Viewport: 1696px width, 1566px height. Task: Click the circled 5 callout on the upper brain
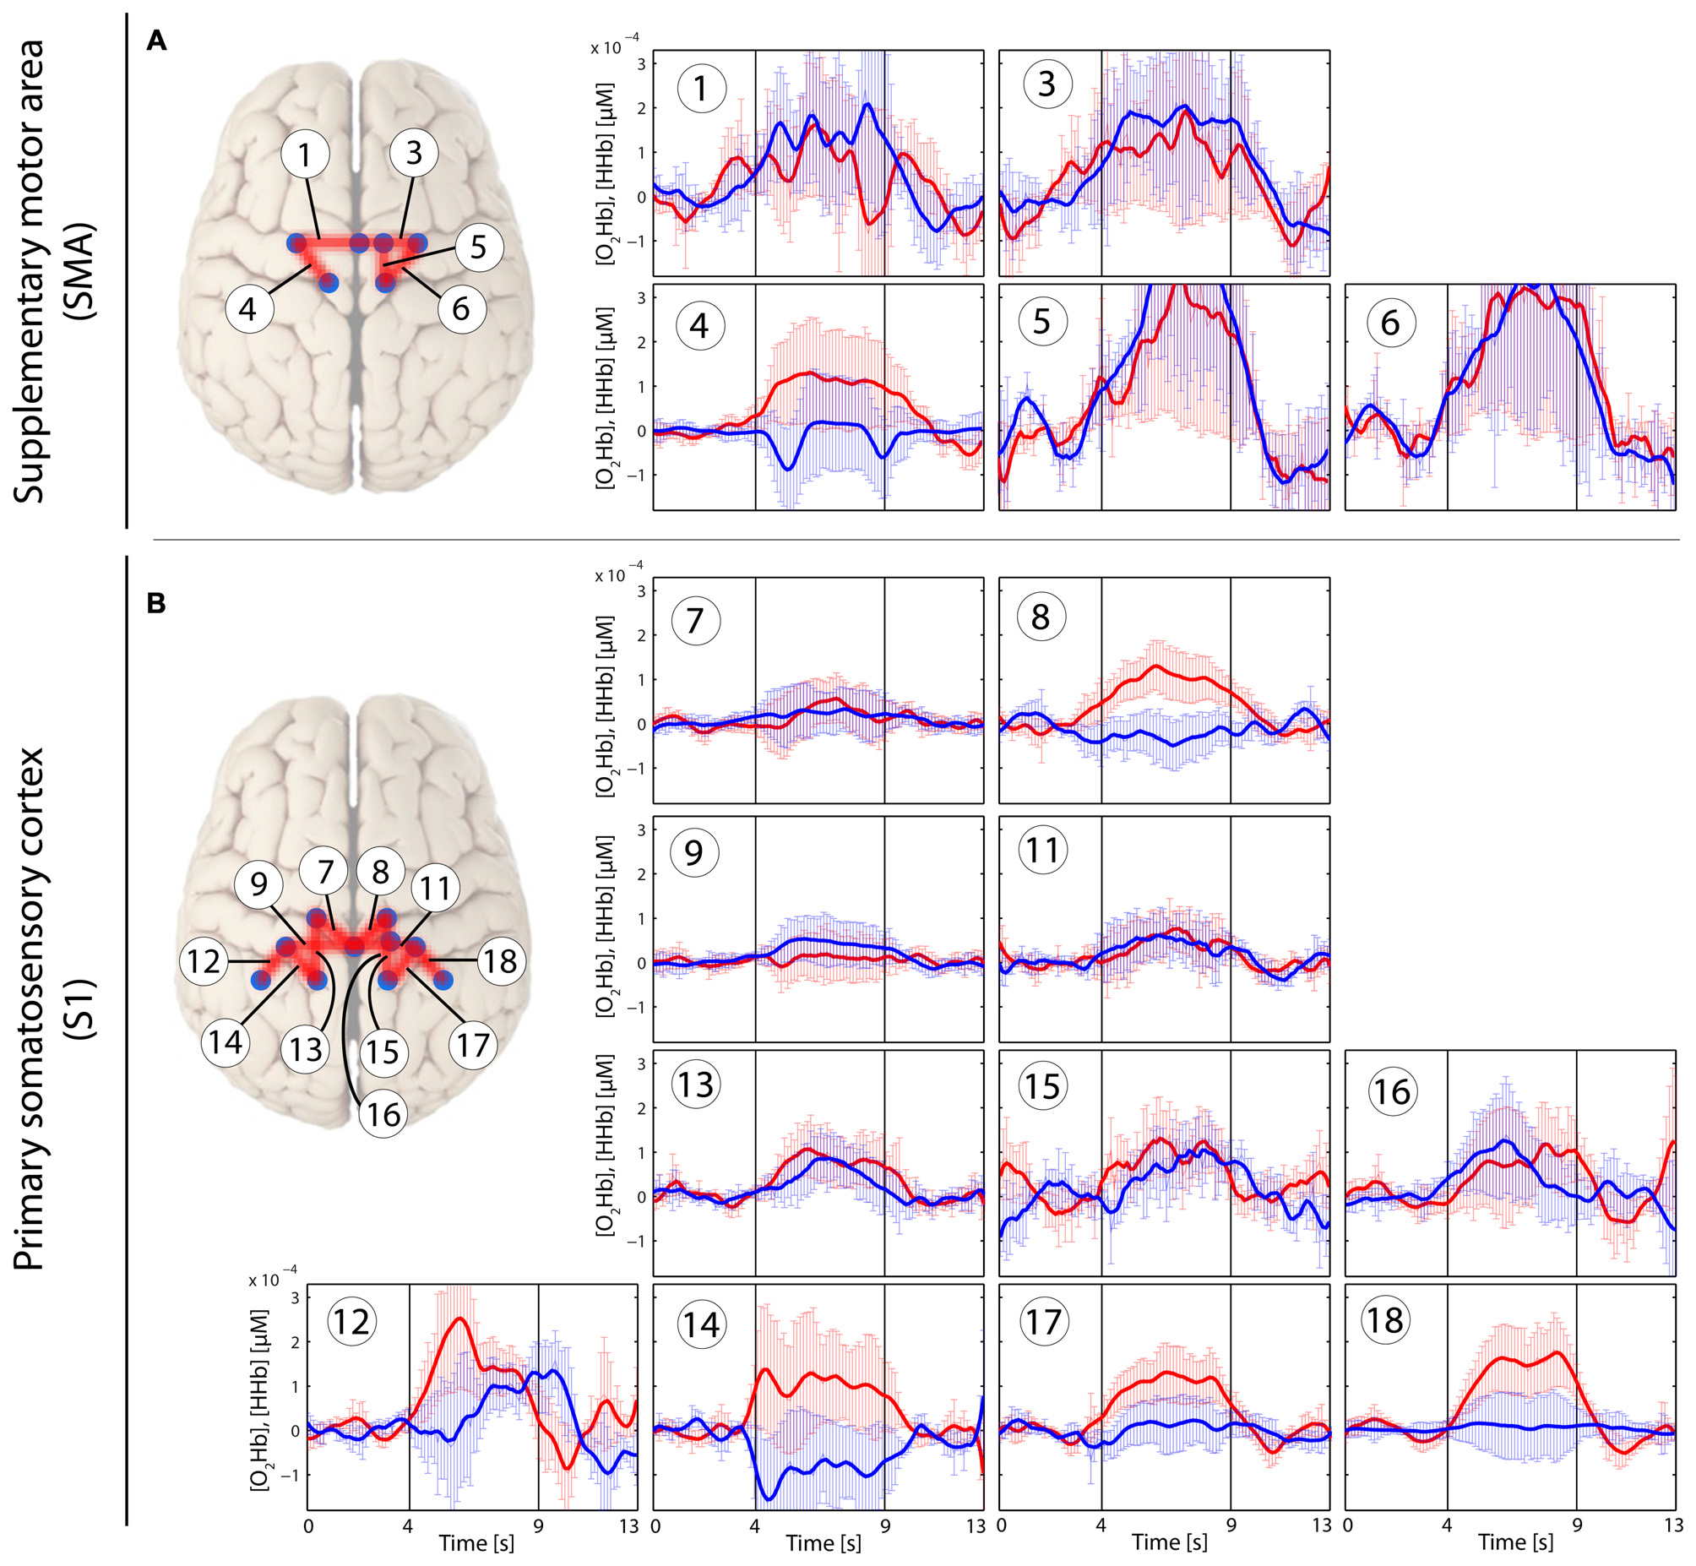pyautogui.click(x=479, y=247)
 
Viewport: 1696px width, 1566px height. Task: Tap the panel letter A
pyautogui.click(x=157, y=40)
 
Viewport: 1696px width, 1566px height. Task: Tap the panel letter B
pyautogui.click(x=157, y=603)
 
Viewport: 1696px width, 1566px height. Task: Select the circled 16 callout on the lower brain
pyautogui.click(x=383, y=1113)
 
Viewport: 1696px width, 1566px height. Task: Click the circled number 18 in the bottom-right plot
pyautogui.click(x=1385, y=1320)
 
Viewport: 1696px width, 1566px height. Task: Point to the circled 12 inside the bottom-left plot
pyautogui.click(x=351, y=1322)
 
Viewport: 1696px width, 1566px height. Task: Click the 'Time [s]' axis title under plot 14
pyautogui.click(x=823, y=1543)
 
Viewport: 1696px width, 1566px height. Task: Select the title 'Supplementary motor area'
pyautogui.click(x=30, y=271)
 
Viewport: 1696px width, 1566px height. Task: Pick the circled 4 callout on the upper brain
pyautogui.click(x=248, y=308)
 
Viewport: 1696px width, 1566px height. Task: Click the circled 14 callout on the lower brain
pyautogui.click(x=226, y=1041)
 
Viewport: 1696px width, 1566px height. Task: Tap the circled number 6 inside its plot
pyautogui.click(x=1390, y=323)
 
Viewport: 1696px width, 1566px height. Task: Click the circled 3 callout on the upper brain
pyautogui.click(x=413, y=153)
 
